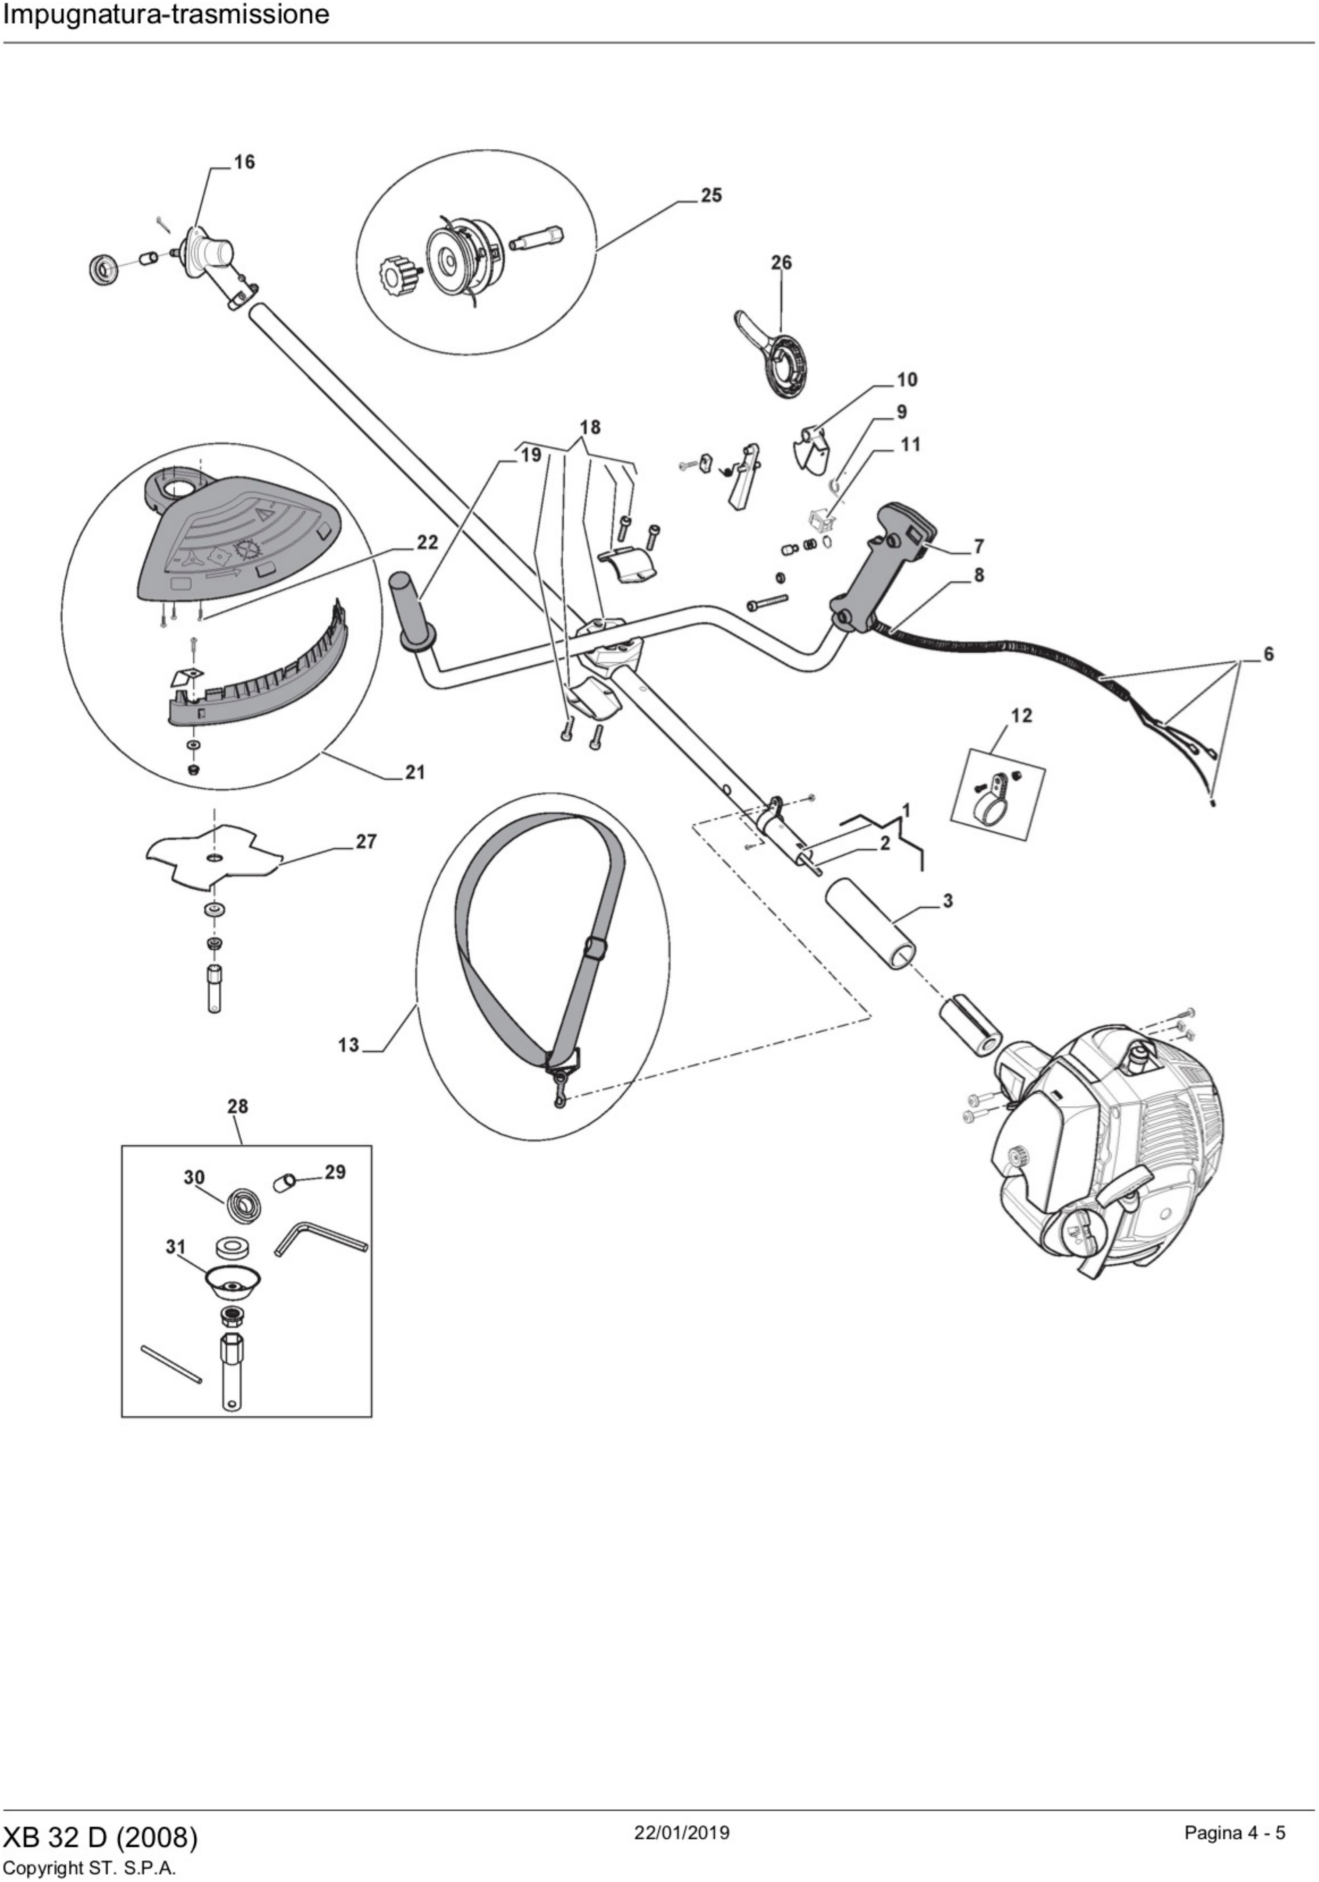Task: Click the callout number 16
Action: click(244, 162)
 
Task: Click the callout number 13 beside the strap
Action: click(348, 1045)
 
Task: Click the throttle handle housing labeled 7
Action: click(885, 566)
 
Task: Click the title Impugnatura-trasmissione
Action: click(167, 15)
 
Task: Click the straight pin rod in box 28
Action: click(170, 1364)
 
